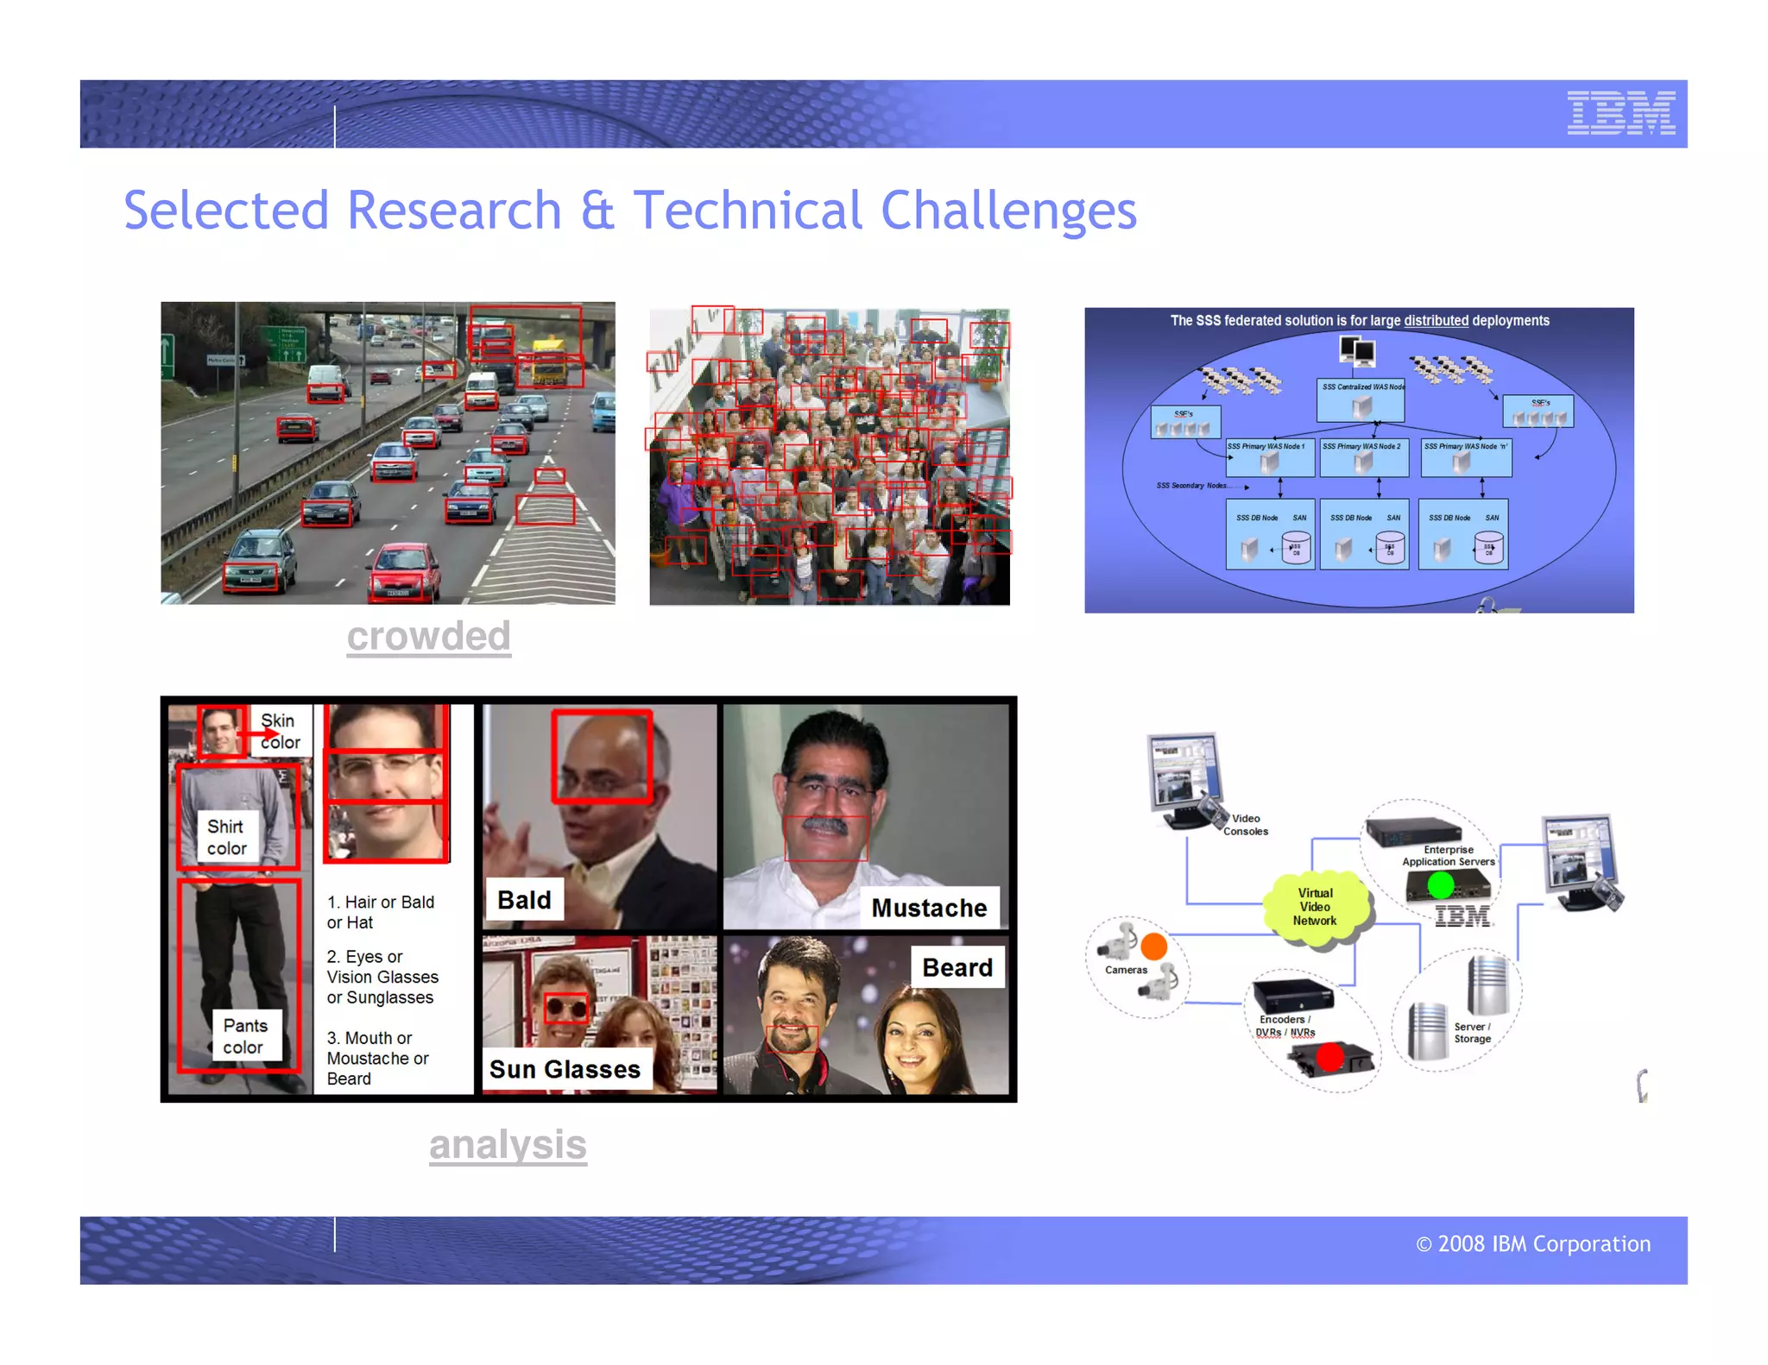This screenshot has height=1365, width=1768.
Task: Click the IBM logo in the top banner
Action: point(1620,113)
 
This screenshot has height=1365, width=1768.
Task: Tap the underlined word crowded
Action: point(428,637)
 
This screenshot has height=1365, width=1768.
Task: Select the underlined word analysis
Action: point(508,1145)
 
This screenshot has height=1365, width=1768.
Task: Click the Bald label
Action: point(524,900)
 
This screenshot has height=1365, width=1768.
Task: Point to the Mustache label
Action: point(929,908)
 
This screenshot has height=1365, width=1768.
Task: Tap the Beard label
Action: point(957,967)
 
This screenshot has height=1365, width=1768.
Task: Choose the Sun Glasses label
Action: point(565,1069)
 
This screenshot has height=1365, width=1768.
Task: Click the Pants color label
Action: point(245,1036)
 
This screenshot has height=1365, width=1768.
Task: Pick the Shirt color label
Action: point(227,837)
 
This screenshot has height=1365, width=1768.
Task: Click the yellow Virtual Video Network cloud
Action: point(1315,908)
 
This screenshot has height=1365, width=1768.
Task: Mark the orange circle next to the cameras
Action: point(1153,947)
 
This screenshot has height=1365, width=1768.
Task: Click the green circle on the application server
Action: point(1440,885)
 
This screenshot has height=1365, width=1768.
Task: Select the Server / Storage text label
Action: point(1472,1033)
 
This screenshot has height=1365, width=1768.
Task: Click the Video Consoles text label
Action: point(1246,825)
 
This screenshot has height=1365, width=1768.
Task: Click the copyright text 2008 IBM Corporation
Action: point(1533,1244)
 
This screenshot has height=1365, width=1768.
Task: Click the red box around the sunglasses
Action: point(566,1007)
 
